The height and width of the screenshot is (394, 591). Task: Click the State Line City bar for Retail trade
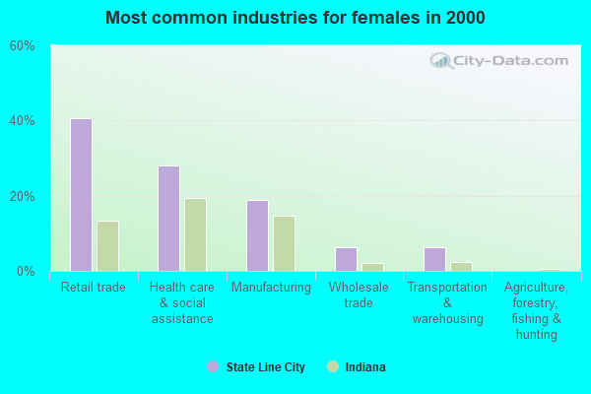click(x=81, y=195)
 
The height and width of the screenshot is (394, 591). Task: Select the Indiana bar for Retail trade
click(x=107, y=246)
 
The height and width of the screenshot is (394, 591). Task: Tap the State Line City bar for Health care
click(x=168, y=219)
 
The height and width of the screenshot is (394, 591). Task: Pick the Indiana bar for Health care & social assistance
click(x=195, y=234)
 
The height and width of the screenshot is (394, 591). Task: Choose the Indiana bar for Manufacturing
click(x=284, y=243)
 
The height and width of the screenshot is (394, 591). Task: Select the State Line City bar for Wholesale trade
click(x=346, y=259)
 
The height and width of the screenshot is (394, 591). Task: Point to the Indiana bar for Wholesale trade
click(x=372, y=267)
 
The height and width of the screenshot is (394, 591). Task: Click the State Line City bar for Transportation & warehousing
click(x=434, y=259)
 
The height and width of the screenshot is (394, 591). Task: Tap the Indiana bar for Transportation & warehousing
click(x=461, y=266)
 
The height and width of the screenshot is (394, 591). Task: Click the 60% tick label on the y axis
click(x=22, y=46)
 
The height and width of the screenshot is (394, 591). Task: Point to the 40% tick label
click(x=22, y=121)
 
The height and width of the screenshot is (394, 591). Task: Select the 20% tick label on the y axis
click(x=22, y=196)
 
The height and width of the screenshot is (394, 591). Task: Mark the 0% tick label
click(x=26, y=271)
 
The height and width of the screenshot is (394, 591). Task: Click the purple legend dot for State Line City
click(x=213, y=366)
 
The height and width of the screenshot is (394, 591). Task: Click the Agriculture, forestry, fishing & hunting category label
click(x=536, y=310)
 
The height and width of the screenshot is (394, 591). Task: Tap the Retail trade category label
click(x=94, y=288)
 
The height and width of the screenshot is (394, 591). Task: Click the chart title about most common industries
click(x=295, y=18)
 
